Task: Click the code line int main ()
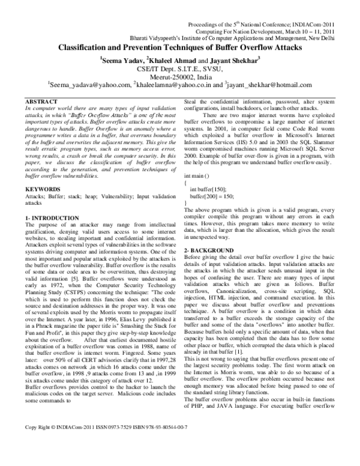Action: (199, 173)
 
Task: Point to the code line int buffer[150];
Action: (211, 189)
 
